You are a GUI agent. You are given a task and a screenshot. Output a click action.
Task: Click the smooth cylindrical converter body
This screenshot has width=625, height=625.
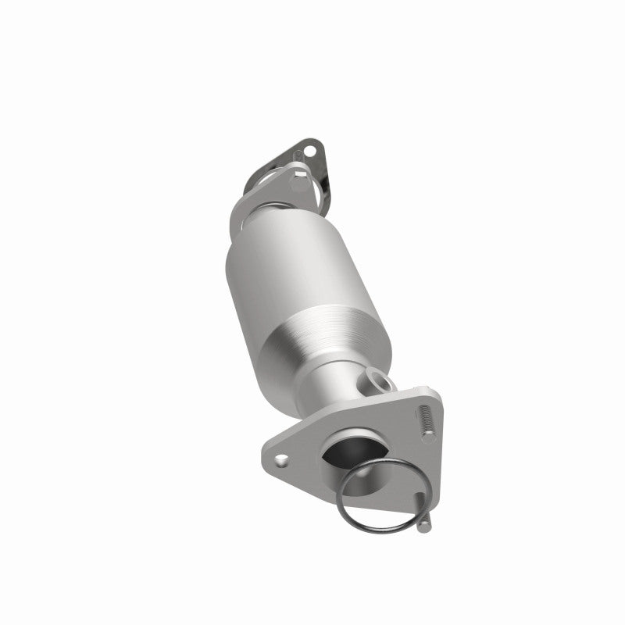281,266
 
